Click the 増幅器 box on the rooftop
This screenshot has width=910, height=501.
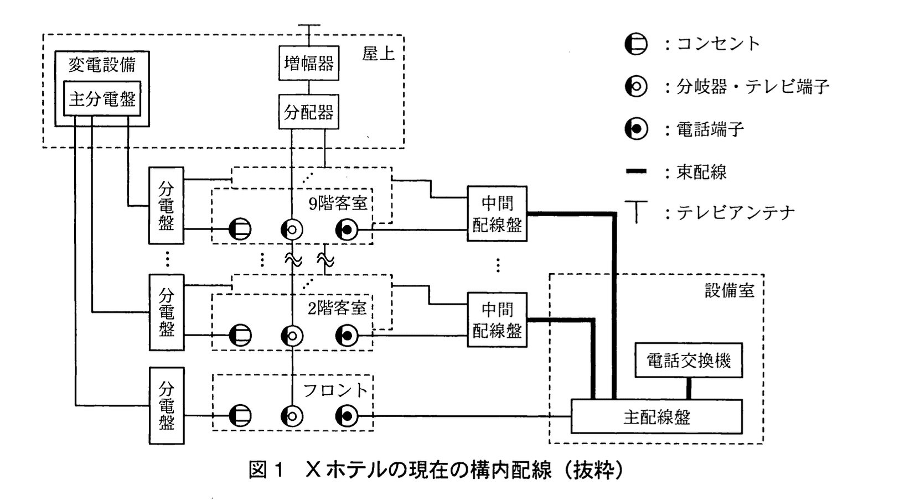pyautogui.click(x=309, y=63)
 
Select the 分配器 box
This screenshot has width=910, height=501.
pyautogui.click(x=309, y=113)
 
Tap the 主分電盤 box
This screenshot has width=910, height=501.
pyautogui.click(x=102, y=99)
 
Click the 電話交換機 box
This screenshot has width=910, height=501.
pyautogui.click(x=689, y=361)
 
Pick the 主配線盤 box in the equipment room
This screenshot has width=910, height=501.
pyautogui.click(x=656, y=416)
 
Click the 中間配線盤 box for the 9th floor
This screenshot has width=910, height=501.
pyautogui.click(x=497, y=213)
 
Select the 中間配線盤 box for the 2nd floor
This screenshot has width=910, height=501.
pyautogui.click(x=497, y=320)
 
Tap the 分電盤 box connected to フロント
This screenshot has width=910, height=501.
pyautogui.click(x=166, y=405)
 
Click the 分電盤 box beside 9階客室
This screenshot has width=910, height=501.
pyautogui.click(x=166, y=205)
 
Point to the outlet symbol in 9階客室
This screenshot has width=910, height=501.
pyautogui.click(x=240, y=229)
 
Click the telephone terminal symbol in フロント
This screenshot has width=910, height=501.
pyautogui.click(x=347, y=416)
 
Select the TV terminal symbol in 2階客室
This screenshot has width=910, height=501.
pyautogui.click(x=292, y=336)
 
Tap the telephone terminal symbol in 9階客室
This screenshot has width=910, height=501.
pyautogui.click(x=347, y=229)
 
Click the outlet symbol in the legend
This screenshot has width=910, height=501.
pyautogui.click(x=636, y=44)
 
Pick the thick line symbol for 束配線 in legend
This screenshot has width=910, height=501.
pyautogui.click(x=636, y=171)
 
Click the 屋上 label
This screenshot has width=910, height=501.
pyautogui.click(x=379, y=54)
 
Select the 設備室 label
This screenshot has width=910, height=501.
pyautogui.click(x=729, y=290)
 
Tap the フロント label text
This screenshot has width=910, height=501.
pyautogui.click(x=335, y=390)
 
